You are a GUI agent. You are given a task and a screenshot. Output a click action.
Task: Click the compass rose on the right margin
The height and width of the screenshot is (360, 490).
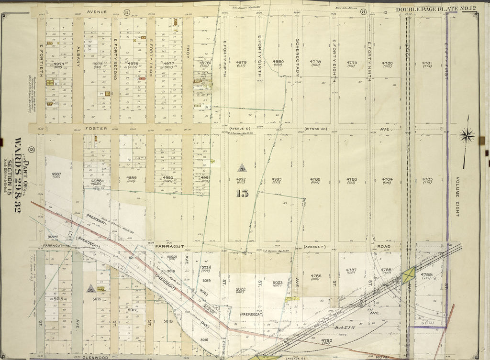[467, 136]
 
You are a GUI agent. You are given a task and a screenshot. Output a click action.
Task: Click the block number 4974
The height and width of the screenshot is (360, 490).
[59, 64]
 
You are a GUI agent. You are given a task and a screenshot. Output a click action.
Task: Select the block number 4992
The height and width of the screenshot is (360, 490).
[241, 180]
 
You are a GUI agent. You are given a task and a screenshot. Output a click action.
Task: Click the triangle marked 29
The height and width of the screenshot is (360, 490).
[242, 168]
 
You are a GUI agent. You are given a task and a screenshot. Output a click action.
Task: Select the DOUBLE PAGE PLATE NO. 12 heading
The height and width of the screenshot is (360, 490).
[435, 10]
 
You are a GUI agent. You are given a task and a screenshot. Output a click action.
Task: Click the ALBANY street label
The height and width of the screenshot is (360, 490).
[78, 56]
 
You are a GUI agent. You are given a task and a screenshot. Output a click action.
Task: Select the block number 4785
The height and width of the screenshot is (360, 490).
[427, 180]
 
